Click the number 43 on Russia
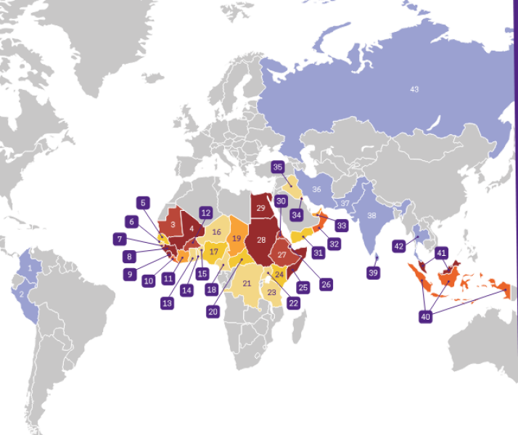414,89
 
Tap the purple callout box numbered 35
278,167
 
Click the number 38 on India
371,215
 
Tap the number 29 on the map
261,208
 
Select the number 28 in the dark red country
261,239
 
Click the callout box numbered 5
144,203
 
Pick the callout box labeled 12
205,213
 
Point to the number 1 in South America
30,268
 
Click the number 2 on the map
22,294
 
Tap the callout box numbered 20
213,312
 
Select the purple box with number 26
326,284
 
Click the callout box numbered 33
342,225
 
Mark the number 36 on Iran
316,189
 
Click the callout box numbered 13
168,302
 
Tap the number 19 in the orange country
236,238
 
